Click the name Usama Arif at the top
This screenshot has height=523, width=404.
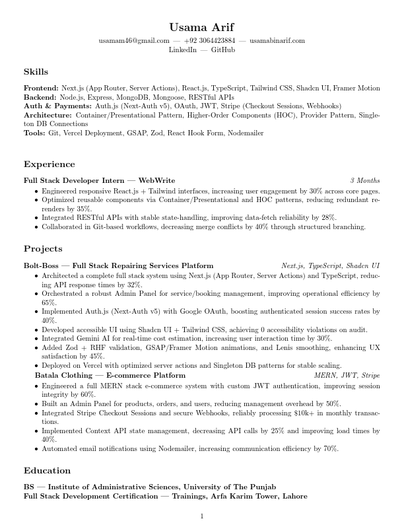tap(201, 27)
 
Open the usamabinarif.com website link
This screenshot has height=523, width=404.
tap(277, 40)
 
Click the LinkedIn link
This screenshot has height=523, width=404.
tap(183, 50)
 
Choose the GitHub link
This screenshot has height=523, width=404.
tap(222, 50)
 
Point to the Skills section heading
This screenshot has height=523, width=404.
tap(36, 71)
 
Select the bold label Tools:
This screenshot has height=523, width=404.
tap(35, 133)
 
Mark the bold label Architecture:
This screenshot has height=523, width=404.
tap(48, 115)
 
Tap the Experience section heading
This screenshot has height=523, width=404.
tap(49, 164)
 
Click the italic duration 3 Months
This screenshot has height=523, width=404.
tap(364, 180)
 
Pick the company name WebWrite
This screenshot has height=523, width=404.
tap(156, 180)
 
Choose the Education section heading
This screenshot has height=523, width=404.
tap(47, 470)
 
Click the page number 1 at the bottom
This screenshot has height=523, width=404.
tap(202, 516)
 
